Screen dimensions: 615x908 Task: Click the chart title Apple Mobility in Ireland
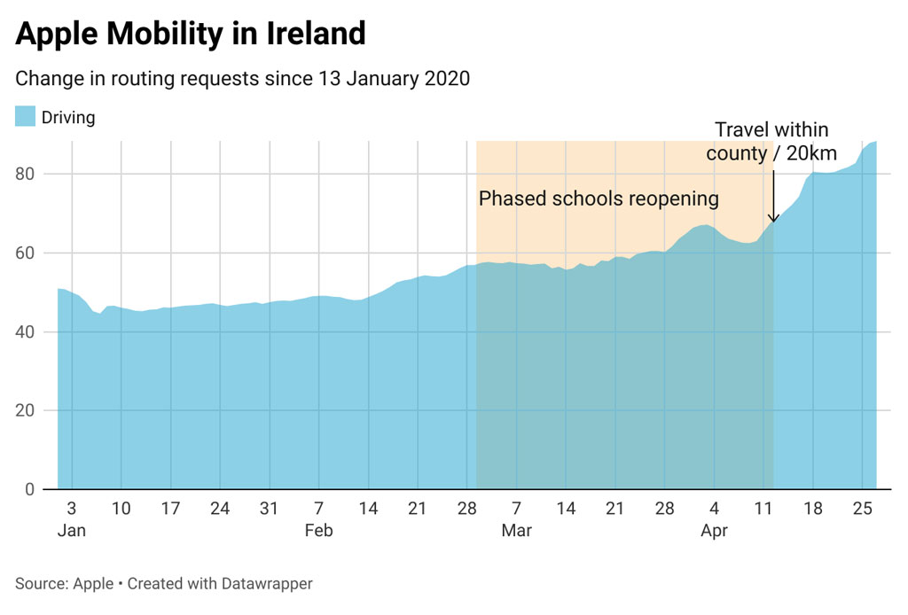click(191, 34)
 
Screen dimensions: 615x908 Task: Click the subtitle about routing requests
click(242, 78)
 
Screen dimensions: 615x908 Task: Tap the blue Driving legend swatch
click(25, 116)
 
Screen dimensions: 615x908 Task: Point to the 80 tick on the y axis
click(29, 174)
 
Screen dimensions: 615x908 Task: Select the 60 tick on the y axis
click(29, 253)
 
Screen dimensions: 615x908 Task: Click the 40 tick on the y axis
click(29, 331)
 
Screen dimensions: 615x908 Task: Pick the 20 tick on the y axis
click(29, 410)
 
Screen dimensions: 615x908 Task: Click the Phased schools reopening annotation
click(599, 198)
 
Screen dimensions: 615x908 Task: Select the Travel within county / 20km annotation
click(771, 142)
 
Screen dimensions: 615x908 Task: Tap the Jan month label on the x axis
click(71, 531)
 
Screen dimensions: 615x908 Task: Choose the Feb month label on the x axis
click(318, 531)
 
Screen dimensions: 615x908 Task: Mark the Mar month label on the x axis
click(516, 531)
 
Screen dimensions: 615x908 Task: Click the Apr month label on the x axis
click(714, 531)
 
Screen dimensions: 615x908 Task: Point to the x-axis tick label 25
click(863, 509)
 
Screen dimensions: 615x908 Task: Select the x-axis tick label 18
click(813, 509)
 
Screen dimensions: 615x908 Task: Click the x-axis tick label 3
click(71, 509)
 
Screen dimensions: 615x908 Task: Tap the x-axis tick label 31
click(269, 509)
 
